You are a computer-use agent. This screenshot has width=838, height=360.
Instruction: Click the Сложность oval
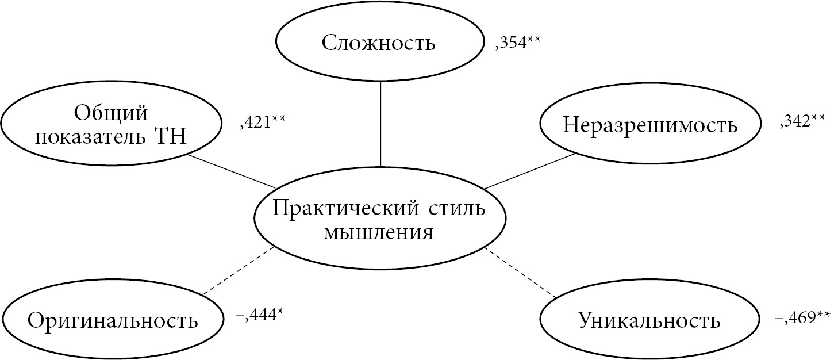coord(379,43)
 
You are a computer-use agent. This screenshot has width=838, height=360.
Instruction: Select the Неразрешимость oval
coord(650,125)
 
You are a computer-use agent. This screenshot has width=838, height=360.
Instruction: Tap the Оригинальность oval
coord(113,320)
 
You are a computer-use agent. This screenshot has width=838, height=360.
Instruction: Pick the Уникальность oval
coord(649,320)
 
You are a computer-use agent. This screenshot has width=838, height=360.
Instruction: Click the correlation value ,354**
coord(518,43)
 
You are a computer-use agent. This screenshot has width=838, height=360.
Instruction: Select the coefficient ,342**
coord(802,121)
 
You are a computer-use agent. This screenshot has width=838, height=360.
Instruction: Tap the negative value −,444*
coord(260,315)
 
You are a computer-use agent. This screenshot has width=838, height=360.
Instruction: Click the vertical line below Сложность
coord(380,123)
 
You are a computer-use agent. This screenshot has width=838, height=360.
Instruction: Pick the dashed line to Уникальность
coord(521,272)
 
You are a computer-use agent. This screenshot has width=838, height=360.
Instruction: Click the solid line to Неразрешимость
coord(530,170)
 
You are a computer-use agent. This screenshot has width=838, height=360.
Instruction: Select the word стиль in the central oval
coord(458,208)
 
